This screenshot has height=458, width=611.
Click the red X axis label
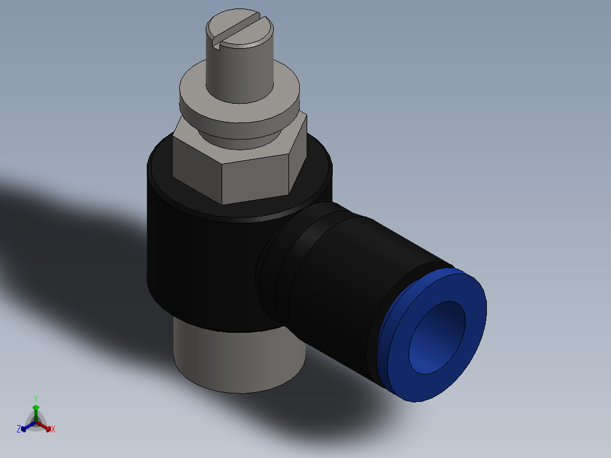(x=53, y=430)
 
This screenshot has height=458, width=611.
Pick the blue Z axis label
(x=18, y=430)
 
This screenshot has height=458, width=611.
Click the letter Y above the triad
(x=36, y=398)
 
